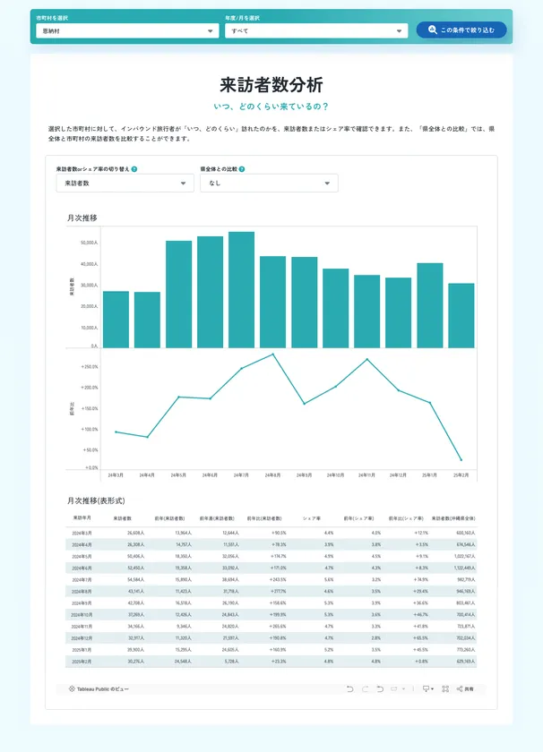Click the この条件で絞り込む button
461,30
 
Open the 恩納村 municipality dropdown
127,30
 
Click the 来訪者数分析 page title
271,85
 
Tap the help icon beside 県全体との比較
242,168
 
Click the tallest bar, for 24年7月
241,289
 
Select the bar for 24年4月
147,320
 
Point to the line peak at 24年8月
272,354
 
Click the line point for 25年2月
461,459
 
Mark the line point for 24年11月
366,360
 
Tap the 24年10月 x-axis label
335,474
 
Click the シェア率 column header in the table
311,517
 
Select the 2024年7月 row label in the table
82,579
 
